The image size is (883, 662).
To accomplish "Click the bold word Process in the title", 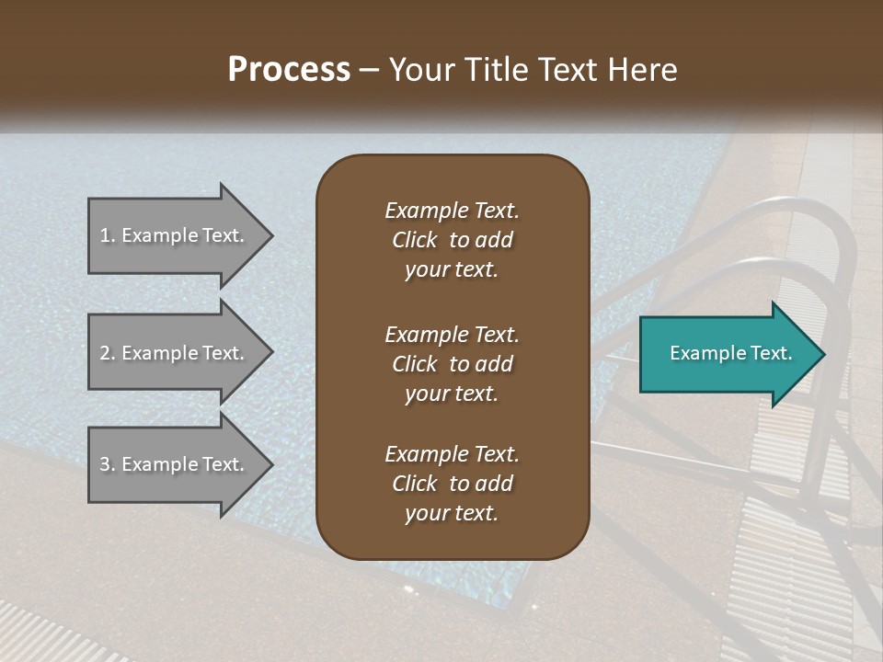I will (x=289, y=70).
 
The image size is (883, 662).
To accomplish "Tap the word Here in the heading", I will (x=641, y=70).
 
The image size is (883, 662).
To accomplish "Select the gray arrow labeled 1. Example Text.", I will (x=175, y=235).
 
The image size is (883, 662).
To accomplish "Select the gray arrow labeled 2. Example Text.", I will (x=175, y=353).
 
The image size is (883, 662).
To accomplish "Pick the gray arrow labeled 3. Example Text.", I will (x=175, y=464).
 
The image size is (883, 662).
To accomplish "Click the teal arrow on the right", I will (x=727, y=354).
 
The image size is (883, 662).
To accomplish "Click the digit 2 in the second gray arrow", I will (x=105, y=353).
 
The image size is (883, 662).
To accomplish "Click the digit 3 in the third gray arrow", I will (x=105, y=464).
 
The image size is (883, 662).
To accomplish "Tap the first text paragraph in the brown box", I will (x=452, y=240).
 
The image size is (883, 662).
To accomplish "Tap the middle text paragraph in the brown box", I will (x=452, y=364).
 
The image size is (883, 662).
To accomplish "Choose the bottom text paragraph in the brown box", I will (x=452, y=484).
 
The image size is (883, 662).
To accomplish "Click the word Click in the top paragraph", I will (x=415, y=240).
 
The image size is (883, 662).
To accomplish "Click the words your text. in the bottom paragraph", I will (x=452, y=513).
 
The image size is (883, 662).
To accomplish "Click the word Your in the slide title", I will (x=419, y=70).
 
